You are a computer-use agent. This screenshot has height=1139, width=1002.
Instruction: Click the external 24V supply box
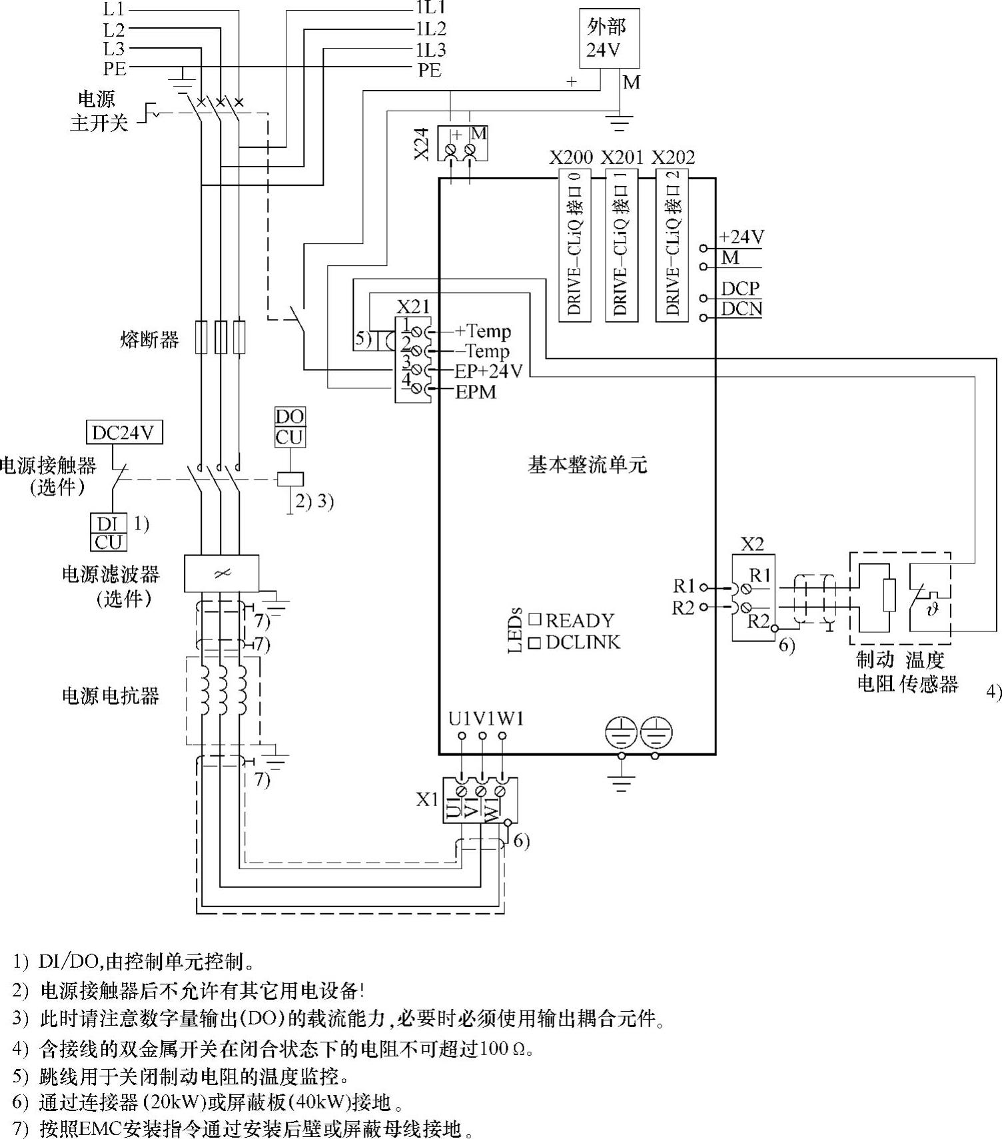coord(609,39)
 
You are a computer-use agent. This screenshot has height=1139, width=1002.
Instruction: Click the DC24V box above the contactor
coord(125,433)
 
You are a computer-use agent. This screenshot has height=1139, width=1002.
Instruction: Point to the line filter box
coord(221,573)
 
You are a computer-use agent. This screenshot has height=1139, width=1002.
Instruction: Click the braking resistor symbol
coord(889,595)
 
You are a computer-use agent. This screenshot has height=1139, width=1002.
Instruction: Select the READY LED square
coord(534,619)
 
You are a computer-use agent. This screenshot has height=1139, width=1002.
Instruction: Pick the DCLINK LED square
coord(534,642)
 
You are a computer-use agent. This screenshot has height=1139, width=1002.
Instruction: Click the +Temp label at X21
coord(483,331)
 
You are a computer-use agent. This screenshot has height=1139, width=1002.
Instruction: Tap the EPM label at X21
coord(476,392)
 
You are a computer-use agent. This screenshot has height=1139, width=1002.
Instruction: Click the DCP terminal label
coord(740,288)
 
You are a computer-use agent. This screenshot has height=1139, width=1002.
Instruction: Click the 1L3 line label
coord(431,50)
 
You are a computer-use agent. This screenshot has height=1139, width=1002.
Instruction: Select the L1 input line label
coord(114,9)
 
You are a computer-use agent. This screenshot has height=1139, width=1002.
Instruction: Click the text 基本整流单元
coord(587,464)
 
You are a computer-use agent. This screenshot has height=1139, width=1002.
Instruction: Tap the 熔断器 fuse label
coord(150,340)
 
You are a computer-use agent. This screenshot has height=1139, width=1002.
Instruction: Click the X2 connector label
coord(752,544)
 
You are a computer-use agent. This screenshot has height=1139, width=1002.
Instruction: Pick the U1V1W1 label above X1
coord(486,719)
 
